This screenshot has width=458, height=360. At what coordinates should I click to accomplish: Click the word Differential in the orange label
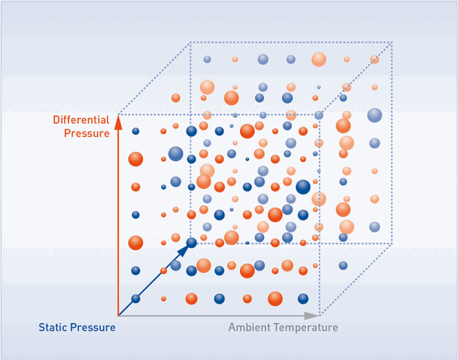pos(81,120)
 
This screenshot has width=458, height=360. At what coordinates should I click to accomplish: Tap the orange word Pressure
pos(87,133)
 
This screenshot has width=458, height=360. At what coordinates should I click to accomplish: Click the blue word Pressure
pos(92,327)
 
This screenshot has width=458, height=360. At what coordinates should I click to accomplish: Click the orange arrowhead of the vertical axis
pos(118,122)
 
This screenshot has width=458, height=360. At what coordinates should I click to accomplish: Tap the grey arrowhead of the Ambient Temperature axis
pos(311,315)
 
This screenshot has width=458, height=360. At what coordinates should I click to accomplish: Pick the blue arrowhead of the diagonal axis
pos(183,251)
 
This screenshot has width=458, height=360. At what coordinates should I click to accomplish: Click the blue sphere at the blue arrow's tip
pos(191,243)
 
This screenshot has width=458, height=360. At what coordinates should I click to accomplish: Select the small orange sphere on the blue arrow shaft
pos(164,271)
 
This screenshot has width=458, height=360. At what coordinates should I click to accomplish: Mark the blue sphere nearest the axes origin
pos(136,299)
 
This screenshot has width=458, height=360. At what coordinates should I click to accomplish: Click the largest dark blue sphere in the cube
pos(303,187)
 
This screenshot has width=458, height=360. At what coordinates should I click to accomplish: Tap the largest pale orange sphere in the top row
pos(319,59)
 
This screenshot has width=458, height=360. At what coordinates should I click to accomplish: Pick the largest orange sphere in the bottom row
pos(275,299)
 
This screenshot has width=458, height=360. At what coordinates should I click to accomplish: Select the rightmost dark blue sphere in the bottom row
pos(303,299)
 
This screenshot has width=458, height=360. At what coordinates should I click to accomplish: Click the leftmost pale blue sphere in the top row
pos(207,59)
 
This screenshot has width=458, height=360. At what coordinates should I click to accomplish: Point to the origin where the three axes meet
pos(118,315)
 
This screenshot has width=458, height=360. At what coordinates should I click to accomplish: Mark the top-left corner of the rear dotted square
pos(191,43)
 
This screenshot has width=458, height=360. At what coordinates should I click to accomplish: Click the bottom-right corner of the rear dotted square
pos(391,243)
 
